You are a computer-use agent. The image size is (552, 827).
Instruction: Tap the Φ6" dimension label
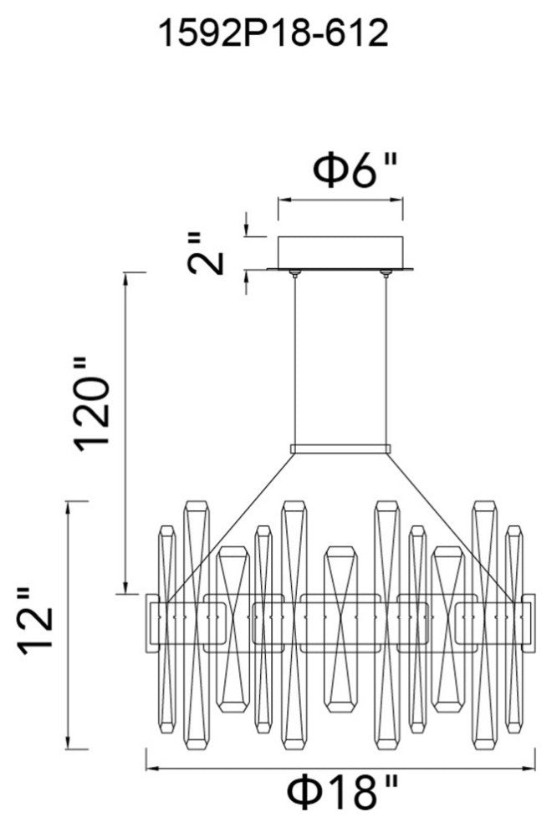click(354, 170)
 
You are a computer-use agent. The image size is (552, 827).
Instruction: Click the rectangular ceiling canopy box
click(340, 251)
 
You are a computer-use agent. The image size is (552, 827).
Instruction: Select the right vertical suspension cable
click(386, 359)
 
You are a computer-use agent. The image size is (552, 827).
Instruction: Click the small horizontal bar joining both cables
click(340, 449)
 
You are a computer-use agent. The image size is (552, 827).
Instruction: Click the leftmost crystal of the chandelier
click(166, 627)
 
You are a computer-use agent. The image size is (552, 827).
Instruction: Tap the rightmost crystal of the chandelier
click(514, 627)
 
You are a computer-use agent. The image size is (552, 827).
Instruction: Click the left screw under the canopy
click(294, 272)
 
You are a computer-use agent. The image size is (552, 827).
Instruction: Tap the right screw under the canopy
click(386, 272)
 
